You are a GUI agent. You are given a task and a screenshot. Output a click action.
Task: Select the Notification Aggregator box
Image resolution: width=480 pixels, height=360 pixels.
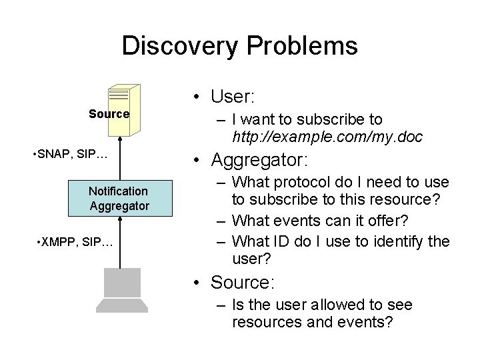coord(119,199)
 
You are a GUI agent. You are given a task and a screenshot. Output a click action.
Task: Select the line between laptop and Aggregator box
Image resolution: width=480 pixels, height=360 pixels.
coord(119,241)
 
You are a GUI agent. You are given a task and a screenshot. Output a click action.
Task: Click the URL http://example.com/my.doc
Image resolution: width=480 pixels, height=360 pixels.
coord(327,137)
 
